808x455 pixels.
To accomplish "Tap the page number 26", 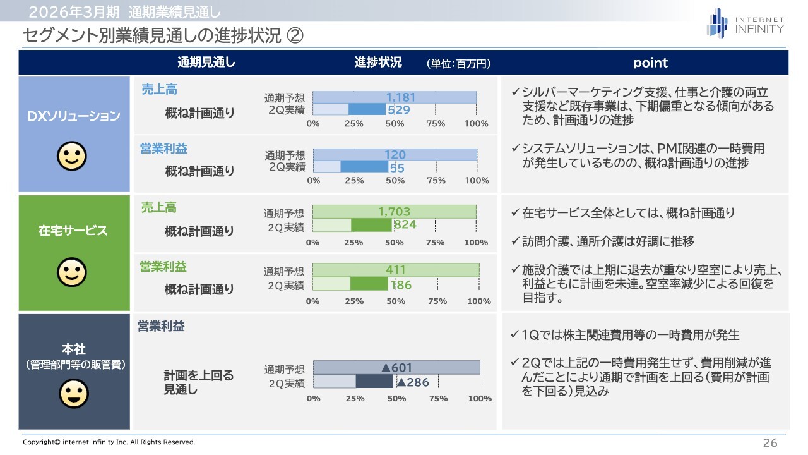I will [770, 443].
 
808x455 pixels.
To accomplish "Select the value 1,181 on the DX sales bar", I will [401, 97].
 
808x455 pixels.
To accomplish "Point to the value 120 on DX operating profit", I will [395, 155].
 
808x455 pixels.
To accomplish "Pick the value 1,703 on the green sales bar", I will [395, 212].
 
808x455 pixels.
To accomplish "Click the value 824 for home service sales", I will [405, 224].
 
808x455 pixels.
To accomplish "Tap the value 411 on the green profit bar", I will [396, 270].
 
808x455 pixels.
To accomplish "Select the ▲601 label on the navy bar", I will [396, 368].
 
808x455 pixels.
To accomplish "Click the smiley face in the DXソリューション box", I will [72, 156].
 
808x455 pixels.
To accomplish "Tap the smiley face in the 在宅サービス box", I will [72, 272].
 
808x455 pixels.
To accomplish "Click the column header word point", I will [650, 63].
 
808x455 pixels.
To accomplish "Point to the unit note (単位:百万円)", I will [459, 63].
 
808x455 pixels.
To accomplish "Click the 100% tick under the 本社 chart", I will [480, 399].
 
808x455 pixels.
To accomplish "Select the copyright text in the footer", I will [109, 442].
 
